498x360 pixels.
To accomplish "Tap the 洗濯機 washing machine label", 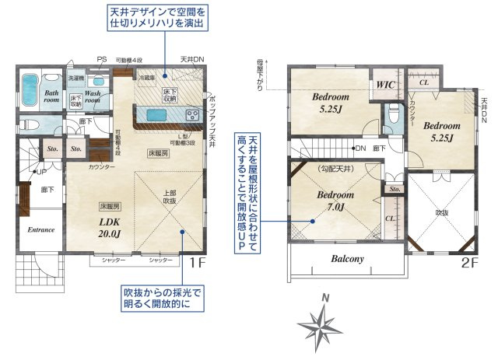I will click(x=75, y=79).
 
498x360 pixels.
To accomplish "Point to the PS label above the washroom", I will click(x=101, y=60).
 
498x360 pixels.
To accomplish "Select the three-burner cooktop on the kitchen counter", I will click(x=191, y=114).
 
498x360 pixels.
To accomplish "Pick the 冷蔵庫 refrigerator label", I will click(x=147, y=79).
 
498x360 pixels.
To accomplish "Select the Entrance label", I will click(x=40, y=230).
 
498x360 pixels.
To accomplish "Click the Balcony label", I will click(x=347, y=258).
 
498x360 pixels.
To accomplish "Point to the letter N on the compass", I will click(x=327, y=298).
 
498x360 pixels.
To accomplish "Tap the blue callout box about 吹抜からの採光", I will click(x=162, y=298).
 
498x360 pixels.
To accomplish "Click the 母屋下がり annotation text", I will click(x=258, y=74).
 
